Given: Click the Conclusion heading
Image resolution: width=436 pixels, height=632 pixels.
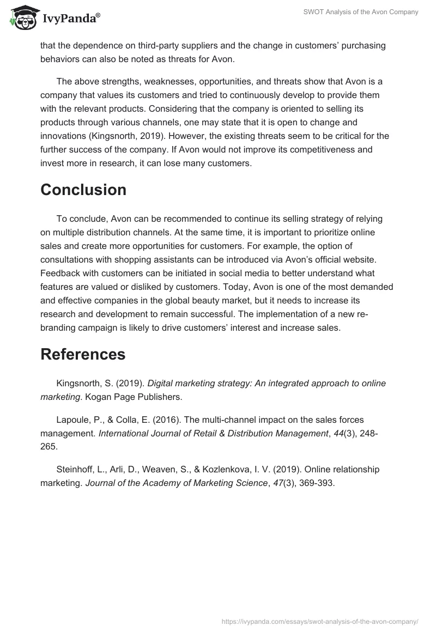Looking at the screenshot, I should [x=83, y=190].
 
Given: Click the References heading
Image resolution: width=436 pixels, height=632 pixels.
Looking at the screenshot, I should [x=83, y=354].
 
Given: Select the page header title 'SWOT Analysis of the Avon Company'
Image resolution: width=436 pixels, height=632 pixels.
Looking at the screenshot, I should [x=361, y=12].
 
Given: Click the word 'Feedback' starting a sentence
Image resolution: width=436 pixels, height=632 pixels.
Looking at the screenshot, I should [x=60, y=272].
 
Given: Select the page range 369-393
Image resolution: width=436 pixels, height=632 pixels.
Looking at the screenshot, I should [x=316, y=483].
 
